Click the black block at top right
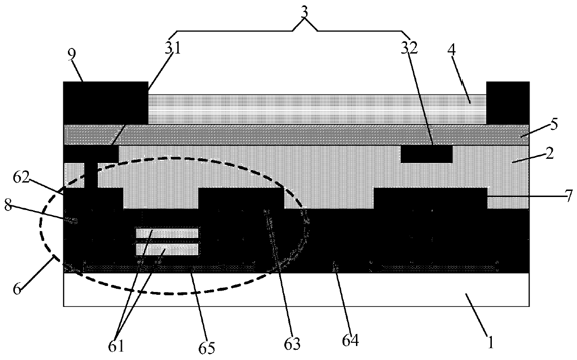coord(508,103)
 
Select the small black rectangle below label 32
coord(426,154)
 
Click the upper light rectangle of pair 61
coord(167,233)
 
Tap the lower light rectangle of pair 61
coord(167,250)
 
